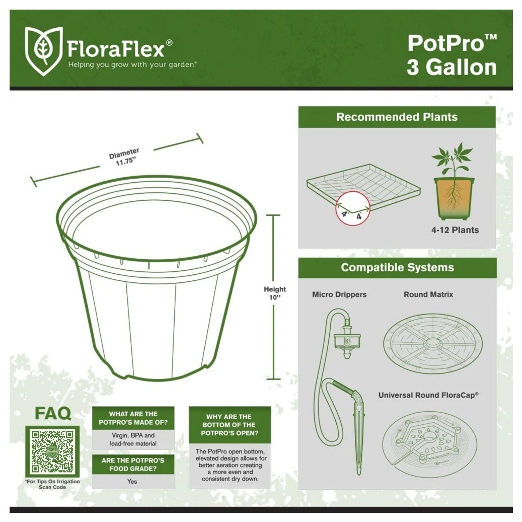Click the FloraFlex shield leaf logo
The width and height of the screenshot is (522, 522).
[x=44, y=51]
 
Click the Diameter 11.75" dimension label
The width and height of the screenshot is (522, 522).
[x=124, y=157]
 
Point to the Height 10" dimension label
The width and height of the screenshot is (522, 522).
[x=275, y=293]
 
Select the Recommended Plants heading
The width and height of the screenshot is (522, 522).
[x=397, y=117]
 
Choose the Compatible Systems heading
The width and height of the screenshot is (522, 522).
[x=398, y=267]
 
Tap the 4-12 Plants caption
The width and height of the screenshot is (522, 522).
[x=455, y=230]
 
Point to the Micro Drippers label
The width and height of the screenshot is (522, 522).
[x=339, y=295]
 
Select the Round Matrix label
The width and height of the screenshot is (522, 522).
[x=428, y=295]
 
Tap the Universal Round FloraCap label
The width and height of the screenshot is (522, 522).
[x=428, y=395]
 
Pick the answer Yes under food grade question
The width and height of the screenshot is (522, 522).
[x=132, y=481]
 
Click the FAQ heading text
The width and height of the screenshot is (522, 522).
[x=53, y=413]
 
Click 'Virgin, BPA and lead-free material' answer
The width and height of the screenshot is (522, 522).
[x=133, y=439]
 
